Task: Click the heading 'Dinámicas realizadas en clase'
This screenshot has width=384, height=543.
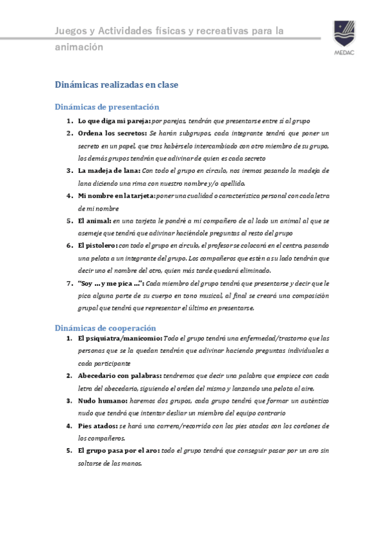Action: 116,84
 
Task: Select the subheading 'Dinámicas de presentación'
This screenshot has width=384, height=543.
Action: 107,107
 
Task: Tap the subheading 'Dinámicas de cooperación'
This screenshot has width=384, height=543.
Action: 106,327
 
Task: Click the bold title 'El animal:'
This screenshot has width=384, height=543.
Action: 94,221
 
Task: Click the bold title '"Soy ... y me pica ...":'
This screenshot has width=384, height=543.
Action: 110,283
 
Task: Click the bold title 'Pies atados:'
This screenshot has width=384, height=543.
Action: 97,426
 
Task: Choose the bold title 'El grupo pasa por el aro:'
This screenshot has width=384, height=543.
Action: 118,451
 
